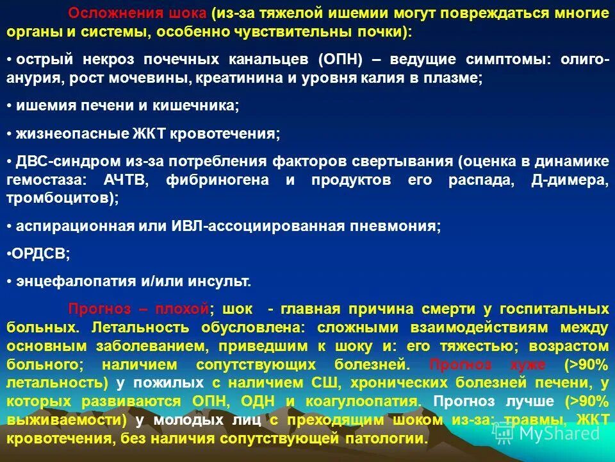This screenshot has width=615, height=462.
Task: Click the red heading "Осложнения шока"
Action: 138,13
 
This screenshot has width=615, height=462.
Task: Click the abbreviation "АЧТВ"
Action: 126,180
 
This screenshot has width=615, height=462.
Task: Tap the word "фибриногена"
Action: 217,180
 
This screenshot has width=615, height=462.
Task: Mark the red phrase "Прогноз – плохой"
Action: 139,309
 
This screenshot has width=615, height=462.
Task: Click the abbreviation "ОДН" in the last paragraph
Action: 258,401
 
